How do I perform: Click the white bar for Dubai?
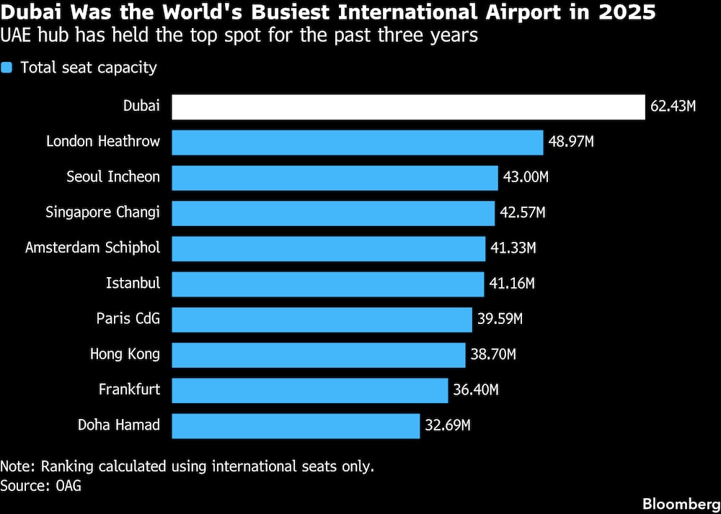pos(408,107)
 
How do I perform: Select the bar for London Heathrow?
pos(358,142)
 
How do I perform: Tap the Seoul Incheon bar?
pos(335,177)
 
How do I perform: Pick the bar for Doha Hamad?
pos(296,425)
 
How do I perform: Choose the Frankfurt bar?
pos(310,390)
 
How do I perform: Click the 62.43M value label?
pos(673,107)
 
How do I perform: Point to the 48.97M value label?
pos(571,142)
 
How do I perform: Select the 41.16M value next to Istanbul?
pos(512,284)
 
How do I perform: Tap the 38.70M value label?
pos(493,354)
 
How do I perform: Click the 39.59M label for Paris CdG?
pos(499,319)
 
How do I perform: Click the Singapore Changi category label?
pos(102,212)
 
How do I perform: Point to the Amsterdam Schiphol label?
pos(92,248)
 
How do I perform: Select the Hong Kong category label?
pos(125,354)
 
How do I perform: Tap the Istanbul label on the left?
pos(133,284)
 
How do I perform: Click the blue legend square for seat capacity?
pos(7,68)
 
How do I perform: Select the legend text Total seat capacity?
pos(89,68)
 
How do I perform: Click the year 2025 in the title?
pos(631,14)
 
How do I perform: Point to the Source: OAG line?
pos(40,485)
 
